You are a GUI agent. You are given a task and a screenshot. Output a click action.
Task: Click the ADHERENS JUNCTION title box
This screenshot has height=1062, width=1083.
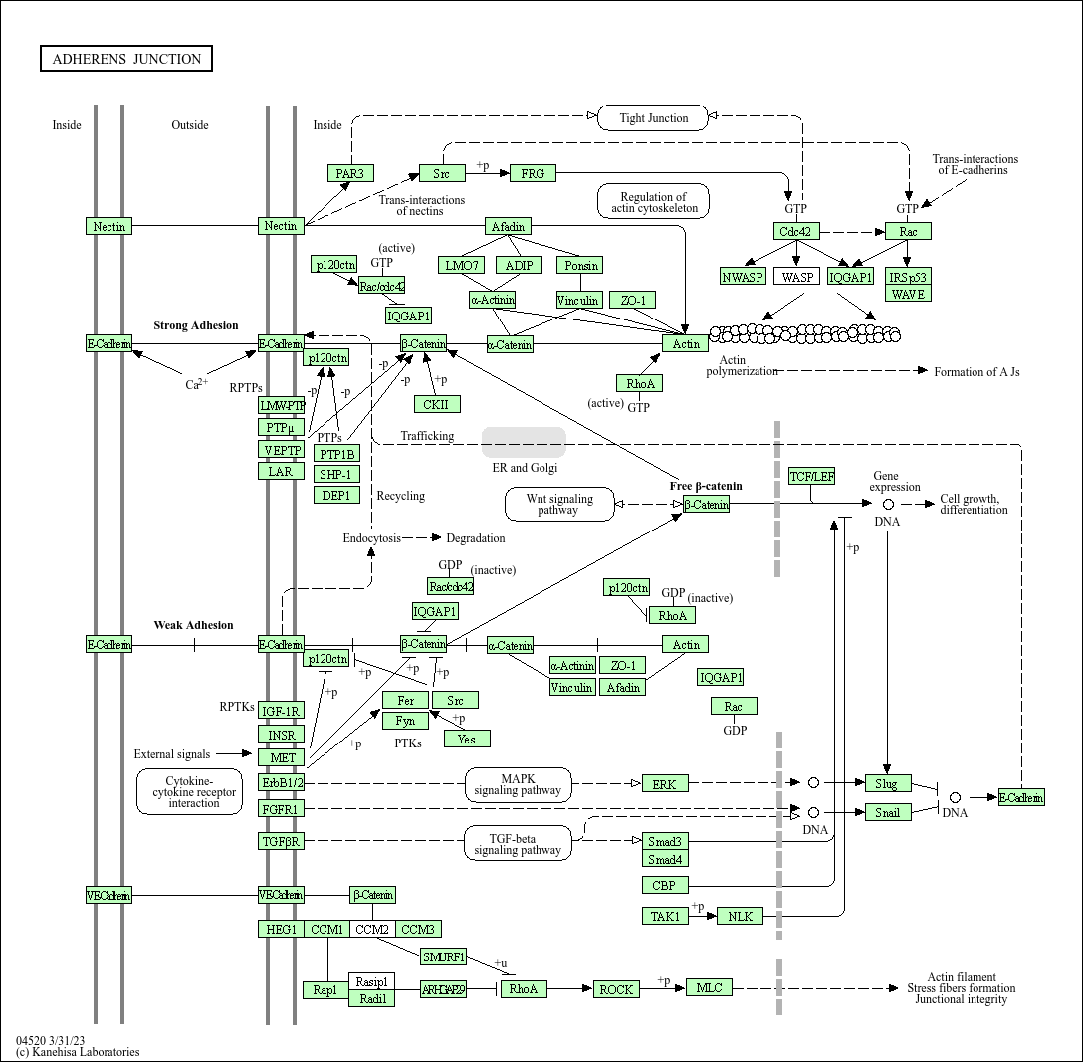pyautogui.click(x=126, y=59)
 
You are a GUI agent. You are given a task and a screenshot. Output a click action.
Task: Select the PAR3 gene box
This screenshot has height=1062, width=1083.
pyautogui.click(x=350, y=173)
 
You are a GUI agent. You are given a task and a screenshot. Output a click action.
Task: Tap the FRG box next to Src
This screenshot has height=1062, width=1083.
pyautogui.click(x=533, y=173)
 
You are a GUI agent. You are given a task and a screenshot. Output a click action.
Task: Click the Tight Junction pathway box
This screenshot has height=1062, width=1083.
pyautogui.click(x=653, y=118)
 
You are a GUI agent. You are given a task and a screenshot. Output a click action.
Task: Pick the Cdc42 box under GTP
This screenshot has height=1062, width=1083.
pyautogui.click(x=796, y=231)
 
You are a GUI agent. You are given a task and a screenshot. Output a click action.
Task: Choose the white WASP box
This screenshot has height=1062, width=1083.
pyautogui.click(x=796, y=277)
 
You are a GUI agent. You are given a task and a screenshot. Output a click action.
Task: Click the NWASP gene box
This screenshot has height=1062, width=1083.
pyautogui.click(x=742, y=277)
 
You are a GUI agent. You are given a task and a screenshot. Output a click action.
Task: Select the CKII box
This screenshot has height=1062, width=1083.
pyautogui.click(x=437, y=404)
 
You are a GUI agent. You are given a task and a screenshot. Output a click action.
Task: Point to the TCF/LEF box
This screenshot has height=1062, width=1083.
pyautogui.click(x=811, y=477)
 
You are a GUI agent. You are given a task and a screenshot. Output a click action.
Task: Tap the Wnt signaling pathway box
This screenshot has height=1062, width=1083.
pyautogui.click(x=558, y=504)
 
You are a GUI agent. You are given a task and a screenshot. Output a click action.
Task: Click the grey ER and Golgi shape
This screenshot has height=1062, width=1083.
pyautogui.click(x=524, y=442)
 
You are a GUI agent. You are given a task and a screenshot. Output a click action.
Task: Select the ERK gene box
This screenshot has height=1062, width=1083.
pyautogui.click(x=664, y=784)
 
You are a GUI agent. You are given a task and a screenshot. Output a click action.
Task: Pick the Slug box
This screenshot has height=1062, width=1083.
pyautogui.click(x=887, y=783)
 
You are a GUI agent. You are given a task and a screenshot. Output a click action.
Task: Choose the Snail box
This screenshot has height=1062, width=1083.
pyautogui.click(x=887, y=812)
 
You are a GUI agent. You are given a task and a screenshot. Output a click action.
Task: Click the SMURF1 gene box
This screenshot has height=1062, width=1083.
pyautogui.click(x=443, y=957)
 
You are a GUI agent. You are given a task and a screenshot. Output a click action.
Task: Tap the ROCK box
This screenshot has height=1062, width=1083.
pyautogui.click(x=616, y=989)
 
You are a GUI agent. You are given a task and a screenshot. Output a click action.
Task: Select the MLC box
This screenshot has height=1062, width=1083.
pyautogui.click(x=709, y=987)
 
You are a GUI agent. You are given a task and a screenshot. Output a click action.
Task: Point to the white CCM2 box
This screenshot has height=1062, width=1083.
pyautogui.click(x=372, y=930)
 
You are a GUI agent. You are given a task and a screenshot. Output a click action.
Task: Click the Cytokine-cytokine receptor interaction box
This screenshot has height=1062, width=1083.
pyautogui.click(x=189, y=792)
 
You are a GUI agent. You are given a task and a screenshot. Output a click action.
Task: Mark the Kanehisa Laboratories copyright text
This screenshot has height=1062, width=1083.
pyautogui.click(x=78, y=1052)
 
